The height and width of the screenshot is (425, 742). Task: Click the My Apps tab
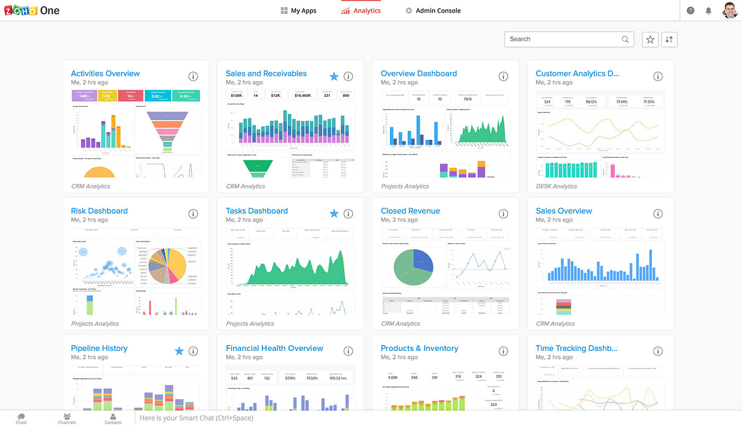pos(298,11)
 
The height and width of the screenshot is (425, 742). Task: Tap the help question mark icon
pos(690,11)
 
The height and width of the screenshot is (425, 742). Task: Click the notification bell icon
pos(708,11)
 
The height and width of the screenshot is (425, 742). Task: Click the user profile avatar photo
pos(730,10)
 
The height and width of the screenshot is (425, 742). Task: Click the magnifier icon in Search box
pos(625,39)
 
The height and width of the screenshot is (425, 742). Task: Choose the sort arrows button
pos(669,39)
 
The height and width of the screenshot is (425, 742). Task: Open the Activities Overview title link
pos(105,74)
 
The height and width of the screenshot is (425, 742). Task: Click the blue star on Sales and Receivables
pos(334,77)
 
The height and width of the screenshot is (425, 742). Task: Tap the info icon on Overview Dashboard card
pos(503,77)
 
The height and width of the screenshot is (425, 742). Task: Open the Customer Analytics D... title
pos(577,74)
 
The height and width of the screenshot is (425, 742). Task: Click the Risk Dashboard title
pos(99,211)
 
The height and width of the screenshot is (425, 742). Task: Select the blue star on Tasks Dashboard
pos(334,214)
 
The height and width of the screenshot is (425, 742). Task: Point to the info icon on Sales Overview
pos(658,214)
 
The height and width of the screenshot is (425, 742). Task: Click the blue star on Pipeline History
pos(179,351)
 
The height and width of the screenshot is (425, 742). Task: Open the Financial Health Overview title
pos(274,348)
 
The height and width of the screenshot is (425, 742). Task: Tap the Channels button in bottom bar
pos(67,419)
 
